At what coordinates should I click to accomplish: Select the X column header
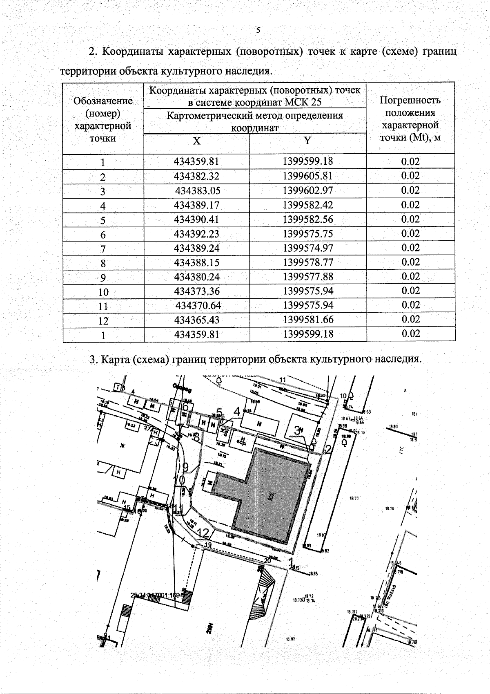(x=196, y=141)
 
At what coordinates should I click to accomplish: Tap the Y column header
(x=307, y=141)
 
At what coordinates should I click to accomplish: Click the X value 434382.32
(x=196, y=176)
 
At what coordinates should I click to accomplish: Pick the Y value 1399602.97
(x=307, y=190)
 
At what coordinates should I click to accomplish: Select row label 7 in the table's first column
(x=103, y=249)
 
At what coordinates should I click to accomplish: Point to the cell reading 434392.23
(x=196, y=234)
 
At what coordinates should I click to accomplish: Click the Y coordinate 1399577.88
(x=308, y=277)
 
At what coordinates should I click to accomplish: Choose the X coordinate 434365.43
(x=196, y=320)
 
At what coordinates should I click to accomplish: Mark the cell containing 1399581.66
(x=308, y=320)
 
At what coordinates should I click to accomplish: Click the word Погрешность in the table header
(x=410, y=100)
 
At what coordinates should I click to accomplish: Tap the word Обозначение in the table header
(x=103, y=101)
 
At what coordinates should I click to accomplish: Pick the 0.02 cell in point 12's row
(x=410, y=319)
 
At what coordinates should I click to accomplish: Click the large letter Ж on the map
(x=121, y=446)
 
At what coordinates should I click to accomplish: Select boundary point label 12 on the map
(x=203, y=532)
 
